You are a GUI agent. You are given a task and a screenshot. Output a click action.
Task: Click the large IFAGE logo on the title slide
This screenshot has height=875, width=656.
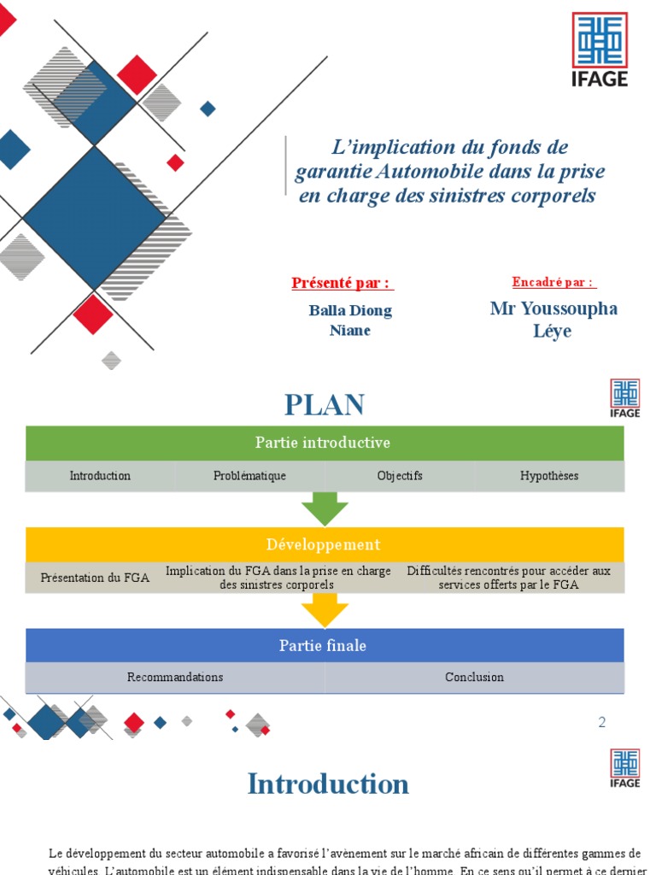599,49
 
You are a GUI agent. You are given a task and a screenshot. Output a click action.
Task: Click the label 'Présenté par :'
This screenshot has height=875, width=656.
342,283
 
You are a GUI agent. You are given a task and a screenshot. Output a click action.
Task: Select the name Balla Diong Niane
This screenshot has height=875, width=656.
350,320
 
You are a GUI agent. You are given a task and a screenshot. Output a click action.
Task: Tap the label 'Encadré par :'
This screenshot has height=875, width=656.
553,282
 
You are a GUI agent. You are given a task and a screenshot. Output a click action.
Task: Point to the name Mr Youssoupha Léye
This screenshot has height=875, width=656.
553,319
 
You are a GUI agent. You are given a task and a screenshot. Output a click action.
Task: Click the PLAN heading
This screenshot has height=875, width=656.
325,404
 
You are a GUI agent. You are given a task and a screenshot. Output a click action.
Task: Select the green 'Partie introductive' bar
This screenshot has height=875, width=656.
324,443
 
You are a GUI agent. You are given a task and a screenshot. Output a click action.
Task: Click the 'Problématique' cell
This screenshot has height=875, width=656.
249,476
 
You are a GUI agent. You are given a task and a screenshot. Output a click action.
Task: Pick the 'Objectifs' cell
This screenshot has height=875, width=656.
400,476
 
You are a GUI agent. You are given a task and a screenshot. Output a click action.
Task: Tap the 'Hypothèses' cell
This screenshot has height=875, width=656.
549,476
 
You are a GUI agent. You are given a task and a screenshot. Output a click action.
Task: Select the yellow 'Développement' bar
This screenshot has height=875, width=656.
324,544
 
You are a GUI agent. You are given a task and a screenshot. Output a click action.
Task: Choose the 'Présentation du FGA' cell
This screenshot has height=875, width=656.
95,578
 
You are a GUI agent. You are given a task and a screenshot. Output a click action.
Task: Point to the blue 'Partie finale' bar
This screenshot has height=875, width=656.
324,645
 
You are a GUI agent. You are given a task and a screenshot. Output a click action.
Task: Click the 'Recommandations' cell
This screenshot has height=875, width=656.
175,677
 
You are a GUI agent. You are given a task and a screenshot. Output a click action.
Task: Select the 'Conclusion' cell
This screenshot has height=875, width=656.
474,677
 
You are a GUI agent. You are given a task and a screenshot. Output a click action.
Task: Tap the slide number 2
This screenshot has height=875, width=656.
601,722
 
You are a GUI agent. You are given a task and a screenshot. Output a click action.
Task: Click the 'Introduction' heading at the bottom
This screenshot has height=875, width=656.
328,784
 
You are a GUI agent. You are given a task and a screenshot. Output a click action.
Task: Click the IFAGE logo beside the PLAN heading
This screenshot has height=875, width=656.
624,399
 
